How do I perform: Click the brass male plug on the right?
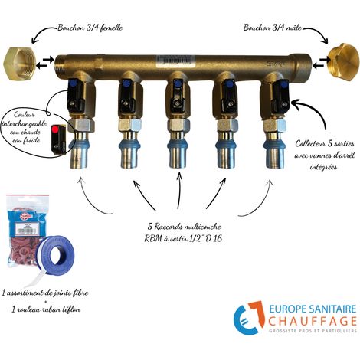(x=343, y=62)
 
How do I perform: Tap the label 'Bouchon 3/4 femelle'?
(x=90, y=28)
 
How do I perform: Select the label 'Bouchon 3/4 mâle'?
(x=272, y=28)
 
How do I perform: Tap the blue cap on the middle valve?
(x=177, y=83)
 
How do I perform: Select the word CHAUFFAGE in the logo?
(x=313, y=321)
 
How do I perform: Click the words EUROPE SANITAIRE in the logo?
(x=313, y=309)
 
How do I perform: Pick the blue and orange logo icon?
(x=248, y=318)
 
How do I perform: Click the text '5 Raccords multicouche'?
(x=185, y=227)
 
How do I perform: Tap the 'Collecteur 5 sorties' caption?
(x=325, y=144)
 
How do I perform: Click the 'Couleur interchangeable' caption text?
(x=25, y=119)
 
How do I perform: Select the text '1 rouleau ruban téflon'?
(x=46, y=309)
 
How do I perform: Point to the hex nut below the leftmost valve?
(x=81, y=125)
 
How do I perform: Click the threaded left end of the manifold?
(x=60, y=64)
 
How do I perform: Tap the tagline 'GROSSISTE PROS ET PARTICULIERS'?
(x=313, y=331)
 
